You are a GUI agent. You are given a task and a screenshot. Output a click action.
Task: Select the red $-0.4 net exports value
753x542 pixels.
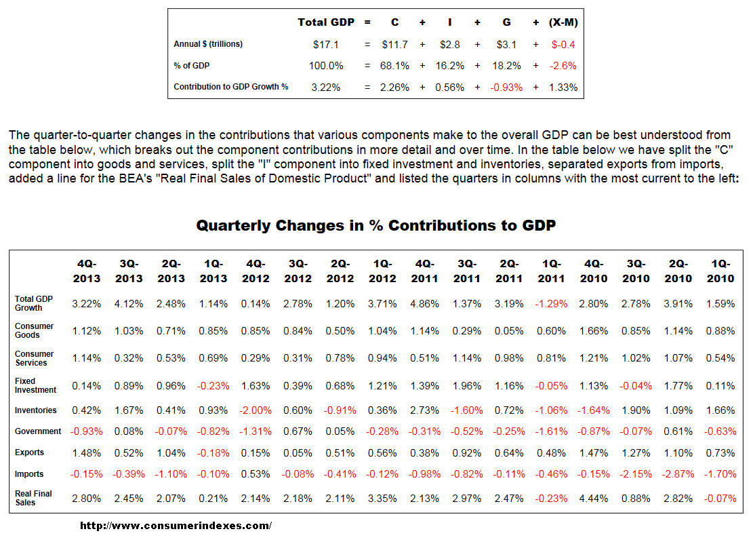point(563,44)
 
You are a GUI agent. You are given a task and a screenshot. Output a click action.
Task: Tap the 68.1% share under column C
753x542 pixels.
point(395,66)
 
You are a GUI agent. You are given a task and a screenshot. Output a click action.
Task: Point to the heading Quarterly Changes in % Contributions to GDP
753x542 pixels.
point(376,225)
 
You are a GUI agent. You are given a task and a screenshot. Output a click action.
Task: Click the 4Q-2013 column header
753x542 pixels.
point(87,271)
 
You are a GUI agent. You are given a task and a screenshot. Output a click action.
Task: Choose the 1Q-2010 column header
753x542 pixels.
point(720,271)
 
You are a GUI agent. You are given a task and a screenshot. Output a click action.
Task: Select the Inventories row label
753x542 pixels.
point(35,410)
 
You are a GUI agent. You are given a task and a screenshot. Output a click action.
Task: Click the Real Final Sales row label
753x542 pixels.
point(34,498)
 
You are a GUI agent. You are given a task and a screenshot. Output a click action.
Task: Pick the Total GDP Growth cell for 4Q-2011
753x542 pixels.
point(425,304)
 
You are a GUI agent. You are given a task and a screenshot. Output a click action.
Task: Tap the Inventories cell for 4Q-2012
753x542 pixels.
point(256,410)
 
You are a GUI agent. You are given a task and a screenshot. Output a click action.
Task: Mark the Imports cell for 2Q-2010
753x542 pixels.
point(678,474)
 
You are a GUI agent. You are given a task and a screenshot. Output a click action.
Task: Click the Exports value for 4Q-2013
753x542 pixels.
point(87,452)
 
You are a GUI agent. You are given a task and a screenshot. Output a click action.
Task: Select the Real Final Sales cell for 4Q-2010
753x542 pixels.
point(594,499)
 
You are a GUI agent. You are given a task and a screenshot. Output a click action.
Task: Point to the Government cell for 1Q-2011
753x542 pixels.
point(551,431)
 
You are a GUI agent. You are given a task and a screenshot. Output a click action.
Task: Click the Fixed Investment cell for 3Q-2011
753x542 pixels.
point(467,386)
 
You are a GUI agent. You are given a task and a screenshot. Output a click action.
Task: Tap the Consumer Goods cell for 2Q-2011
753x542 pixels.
point(509,331)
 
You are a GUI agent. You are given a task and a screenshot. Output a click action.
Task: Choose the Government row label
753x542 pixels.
point(38,431)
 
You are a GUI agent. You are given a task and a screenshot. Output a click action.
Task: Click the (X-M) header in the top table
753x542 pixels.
point(563,22)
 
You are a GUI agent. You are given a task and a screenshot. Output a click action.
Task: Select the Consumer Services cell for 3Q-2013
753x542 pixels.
point(129,358)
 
